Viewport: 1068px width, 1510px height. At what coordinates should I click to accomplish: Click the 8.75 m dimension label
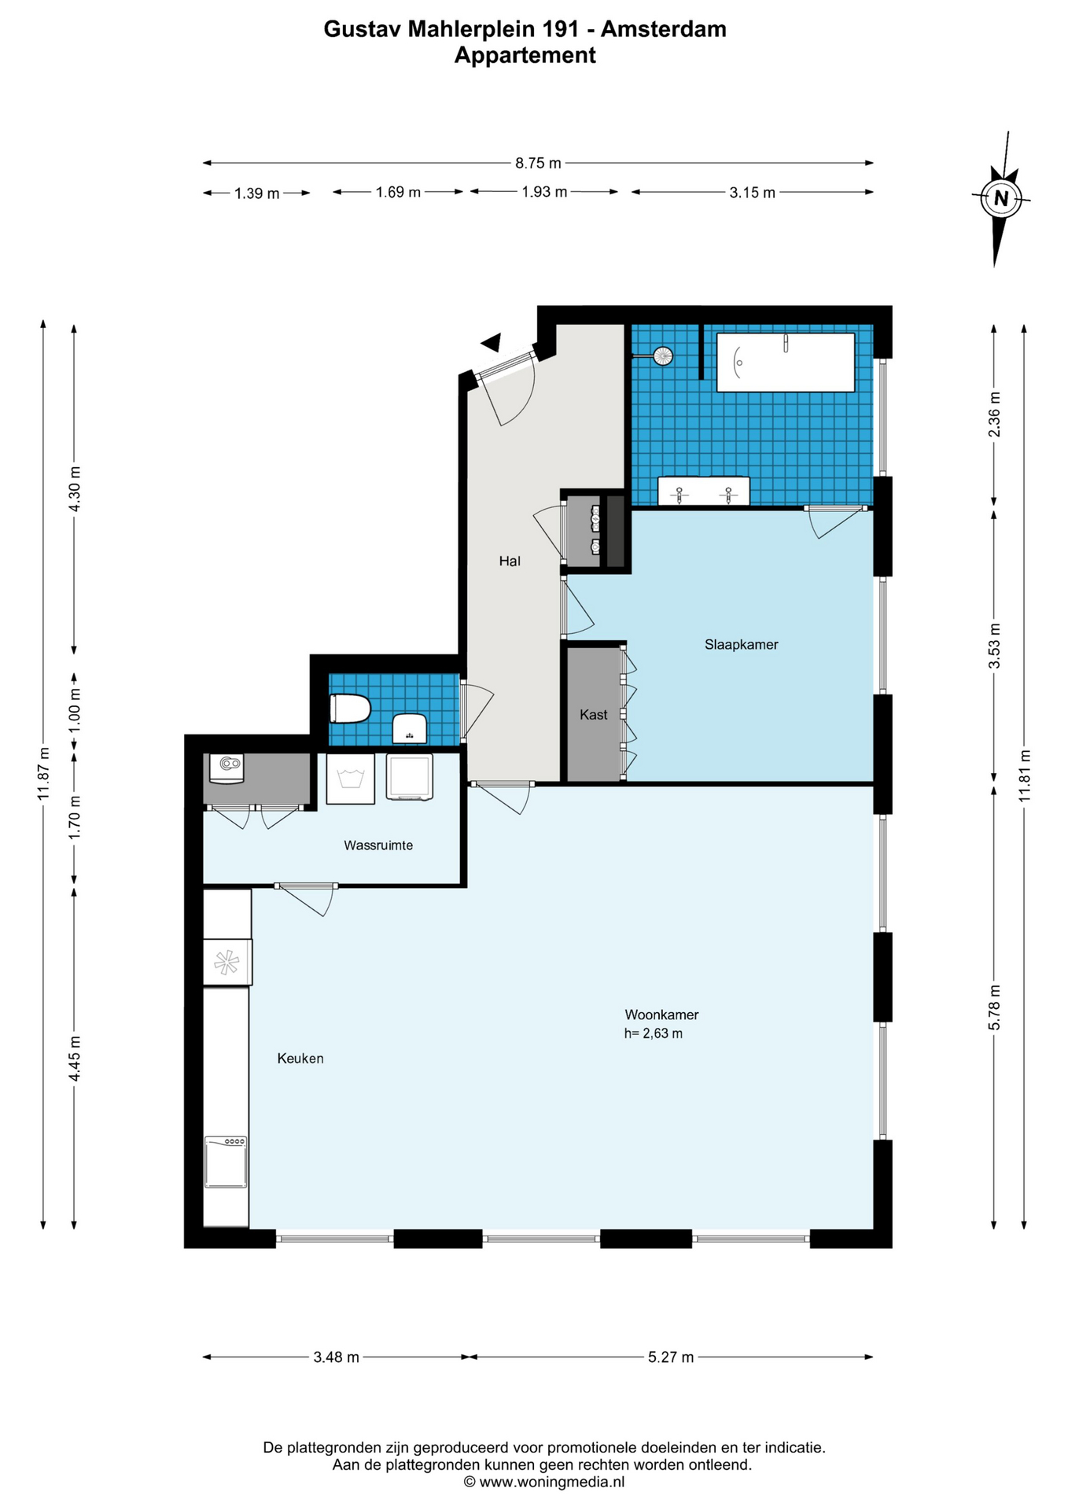[x=538, y=163]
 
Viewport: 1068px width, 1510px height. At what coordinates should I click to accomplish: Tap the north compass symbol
[x=1000, y=198]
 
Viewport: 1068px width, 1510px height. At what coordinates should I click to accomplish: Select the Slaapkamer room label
[x=741, y=644]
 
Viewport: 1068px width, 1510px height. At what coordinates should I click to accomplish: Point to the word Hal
[x=510, y=561]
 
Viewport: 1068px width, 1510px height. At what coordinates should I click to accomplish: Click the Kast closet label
[x=593, y=714]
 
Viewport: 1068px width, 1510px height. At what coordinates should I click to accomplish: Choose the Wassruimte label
[x=378, y=845]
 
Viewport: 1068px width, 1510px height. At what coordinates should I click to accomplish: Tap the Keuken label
[x=300, y=1059]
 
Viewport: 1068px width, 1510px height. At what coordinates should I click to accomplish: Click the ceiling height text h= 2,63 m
[x=654, y=1033]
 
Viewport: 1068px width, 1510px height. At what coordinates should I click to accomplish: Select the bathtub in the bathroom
[x=786, y=363]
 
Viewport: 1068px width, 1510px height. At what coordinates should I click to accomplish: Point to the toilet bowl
[x=350, y=709]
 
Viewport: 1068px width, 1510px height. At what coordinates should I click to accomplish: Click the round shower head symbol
[x=663, y=356]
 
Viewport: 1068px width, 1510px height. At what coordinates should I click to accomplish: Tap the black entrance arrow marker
[x=492, y=342]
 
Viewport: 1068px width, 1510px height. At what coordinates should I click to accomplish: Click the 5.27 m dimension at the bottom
[x=671, y=1357]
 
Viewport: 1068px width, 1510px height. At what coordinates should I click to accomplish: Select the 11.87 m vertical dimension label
[x=43, y=774]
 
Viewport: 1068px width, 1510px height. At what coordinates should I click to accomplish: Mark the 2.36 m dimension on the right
[x=994, y=414]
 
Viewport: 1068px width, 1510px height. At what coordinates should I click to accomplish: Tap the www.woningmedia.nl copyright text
[x=544, y=1482]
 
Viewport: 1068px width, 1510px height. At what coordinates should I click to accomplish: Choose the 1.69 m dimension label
[x=398, y=192]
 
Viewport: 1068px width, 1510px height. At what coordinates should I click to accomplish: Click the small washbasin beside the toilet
[x=410, y=728]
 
